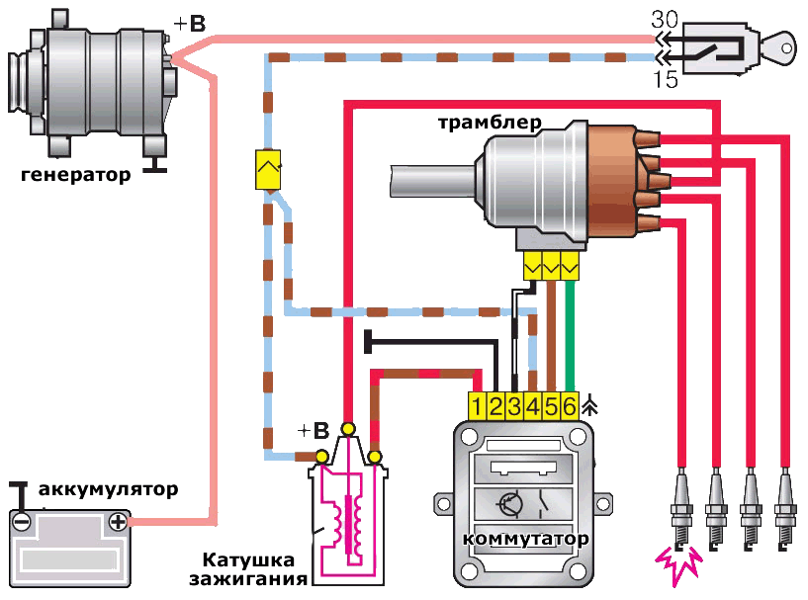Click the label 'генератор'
[x=75, y=177]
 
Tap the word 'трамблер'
[x=490, y=124]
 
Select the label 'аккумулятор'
[x=109, y=489]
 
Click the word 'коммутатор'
[x=524, y=540]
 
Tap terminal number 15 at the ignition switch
[x=666, y=80]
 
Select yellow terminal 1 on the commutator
[x=477, y=405]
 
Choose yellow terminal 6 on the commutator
[x=569, y=405]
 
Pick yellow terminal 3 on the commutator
[x=514, y=405]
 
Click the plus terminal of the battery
[x=118, y=521]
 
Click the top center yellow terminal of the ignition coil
[x=347, y=427]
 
